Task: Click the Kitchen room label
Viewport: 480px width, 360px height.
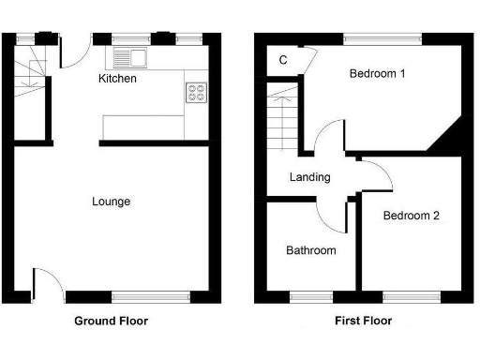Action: pos(118,79)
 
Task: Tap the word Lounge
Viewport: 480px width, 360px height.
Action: pos(111,202)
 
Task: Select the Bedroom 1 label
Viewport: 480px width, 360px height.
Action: pos(377,74)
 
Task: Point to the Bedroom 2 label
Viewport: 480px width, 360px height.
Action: pos(412,216)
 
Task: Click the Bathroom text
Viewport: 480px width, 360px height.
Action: pos(310,250)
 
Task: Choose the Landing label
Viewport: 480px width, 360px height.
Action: pos(309,177)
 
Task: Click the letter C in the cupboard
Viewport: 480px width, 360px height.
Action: pos(282,61)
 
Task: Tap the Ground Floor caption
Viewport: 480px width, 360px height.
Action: pos(111,321)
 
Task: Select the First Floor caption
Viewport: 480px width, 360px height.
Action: pos(363,321)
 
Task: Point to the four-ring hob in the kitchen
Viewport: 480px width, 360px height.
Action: pos(197,92)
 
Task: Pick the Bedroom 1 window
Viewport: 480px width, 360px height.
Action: pos(381,38)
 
